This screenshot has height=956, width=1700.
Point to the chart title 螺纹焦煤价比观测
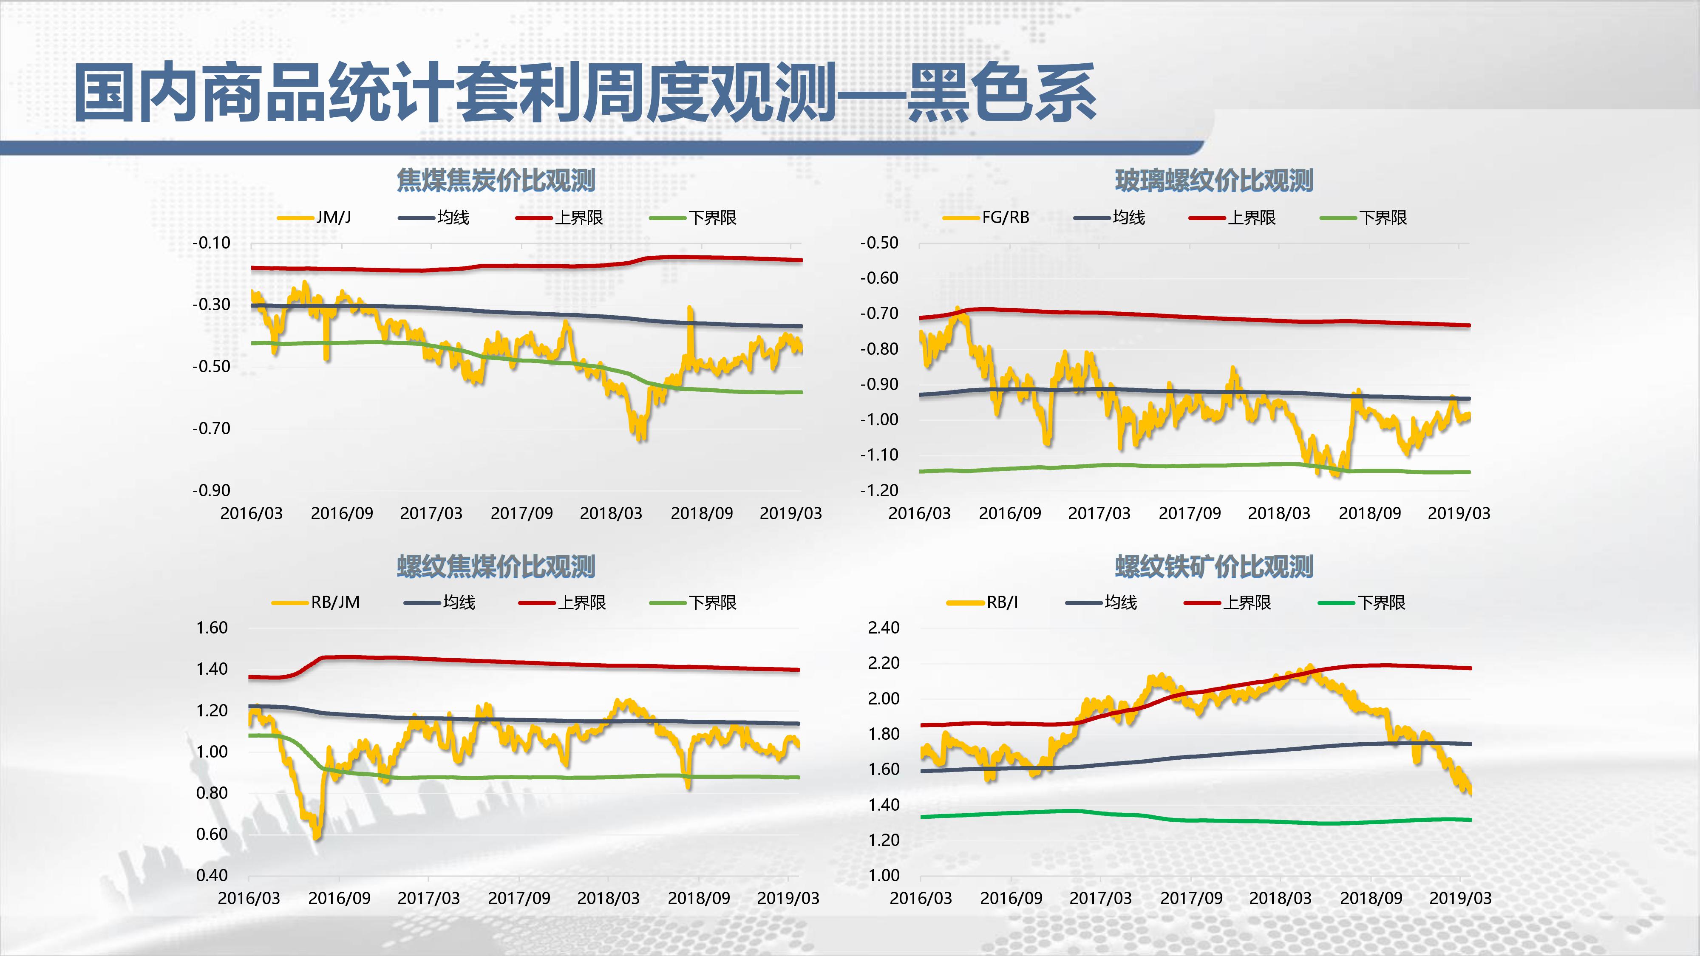(x=496, y=566)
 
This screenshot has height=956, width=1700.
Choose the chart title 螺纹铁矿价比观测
(x=1214, y=566)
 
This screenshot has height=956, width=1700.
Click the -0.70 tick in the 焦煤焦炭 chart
(x=211, y=428)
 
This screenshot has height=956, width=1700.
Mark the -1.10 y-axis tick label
(x=879, y=455)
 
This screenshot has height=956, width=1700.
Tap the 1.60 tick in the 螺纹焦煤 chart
(x=212, y=628)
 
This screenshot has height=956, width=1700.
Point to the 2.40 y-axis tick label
(x=884, y=628)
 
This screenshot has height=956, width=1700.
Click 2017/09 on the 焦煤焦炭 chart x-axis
(x=521, y=513)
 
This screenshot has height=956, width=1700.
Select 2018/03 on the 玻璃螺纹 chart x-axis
(x=1279, y=513)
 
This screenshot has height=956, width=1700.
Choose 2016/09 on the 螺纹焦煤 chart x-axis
(x=339, y=898)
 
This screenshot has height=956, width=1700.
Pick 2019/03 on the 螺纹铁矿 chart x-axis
(x=1460, y=898)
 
